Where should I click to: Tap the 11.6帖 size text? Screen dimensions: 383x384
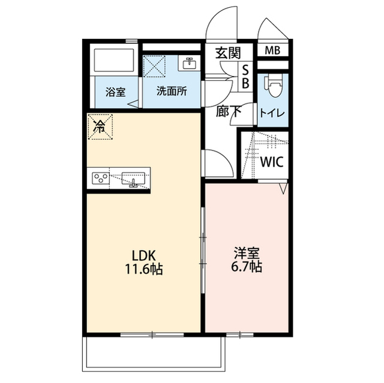[145, 269]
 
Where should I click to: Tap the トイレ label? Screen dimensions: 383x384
[272, 112]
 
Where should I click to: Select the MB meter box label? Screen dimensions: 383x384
[272, 50]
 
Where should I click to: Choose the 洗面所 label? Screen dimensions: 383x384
[171, 92]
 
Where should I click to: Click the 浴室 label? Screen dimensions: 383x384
[115, 92]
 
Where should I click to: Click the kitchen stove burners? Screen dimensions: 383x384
[101, 178]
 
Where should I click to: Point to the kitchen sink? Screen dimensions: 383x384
[134, 178]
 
